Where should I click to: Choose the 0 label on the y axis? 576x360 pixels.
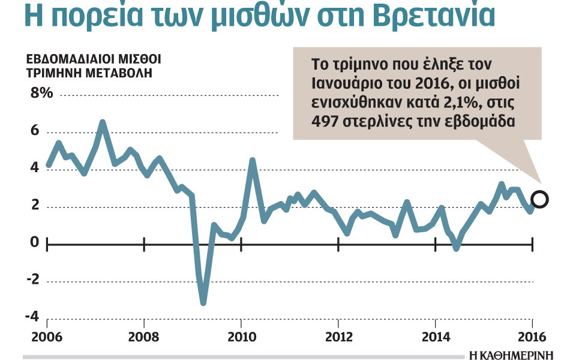[34, 242]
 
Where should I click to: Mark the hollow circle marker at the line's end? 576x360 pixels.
[540, 200]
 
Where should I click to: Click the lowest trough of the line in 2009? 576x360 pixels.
[203, 302]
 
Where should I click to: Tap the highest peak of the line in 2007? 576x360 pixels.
[103, 123]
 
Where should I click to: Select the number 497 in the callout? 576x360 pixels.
[325, 121]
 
